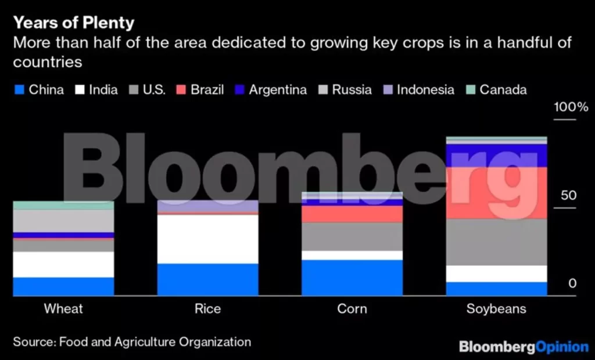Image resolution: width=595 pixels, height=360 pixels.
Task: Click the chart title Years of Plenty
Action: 73,23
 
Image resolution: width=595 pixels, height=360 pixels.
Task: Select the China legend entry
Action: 39,89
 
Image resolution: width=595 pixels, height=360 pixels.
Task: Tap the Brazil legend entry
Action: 200,89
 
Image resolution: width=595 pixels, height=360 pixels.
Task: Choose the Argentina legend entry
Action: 271,89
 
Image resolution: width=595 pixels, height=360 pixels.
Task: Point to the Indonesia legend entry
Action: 418,89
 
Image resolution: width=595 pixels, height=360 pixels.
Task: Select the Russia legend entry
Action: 345,89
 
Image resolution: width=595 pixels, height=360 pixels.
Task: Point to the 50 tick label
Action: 569,195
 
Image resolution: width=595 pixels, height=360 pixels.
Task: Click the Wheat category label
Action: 63,308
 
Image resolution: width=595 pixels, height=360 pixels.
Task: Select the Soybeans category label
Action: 496,308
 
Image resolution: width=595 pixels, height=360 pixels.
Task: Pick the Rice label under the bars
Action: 207,308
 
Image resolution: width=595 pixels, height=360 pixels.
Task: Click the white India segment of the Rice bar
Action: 207,239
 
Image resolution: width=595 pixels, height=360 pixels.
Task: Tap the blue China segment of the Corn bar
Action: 352,278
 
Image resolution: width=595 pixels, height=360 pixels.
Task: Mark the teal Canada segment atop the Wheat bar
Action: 63,205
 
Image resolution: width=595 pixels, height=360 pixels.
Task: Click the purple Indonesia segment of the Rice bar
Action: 207,206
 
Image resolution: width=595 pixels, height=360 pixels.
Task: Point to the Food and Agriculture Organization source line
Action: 132,341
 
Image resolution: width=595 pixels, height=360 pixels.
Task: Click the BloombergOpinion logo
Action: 524,347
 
